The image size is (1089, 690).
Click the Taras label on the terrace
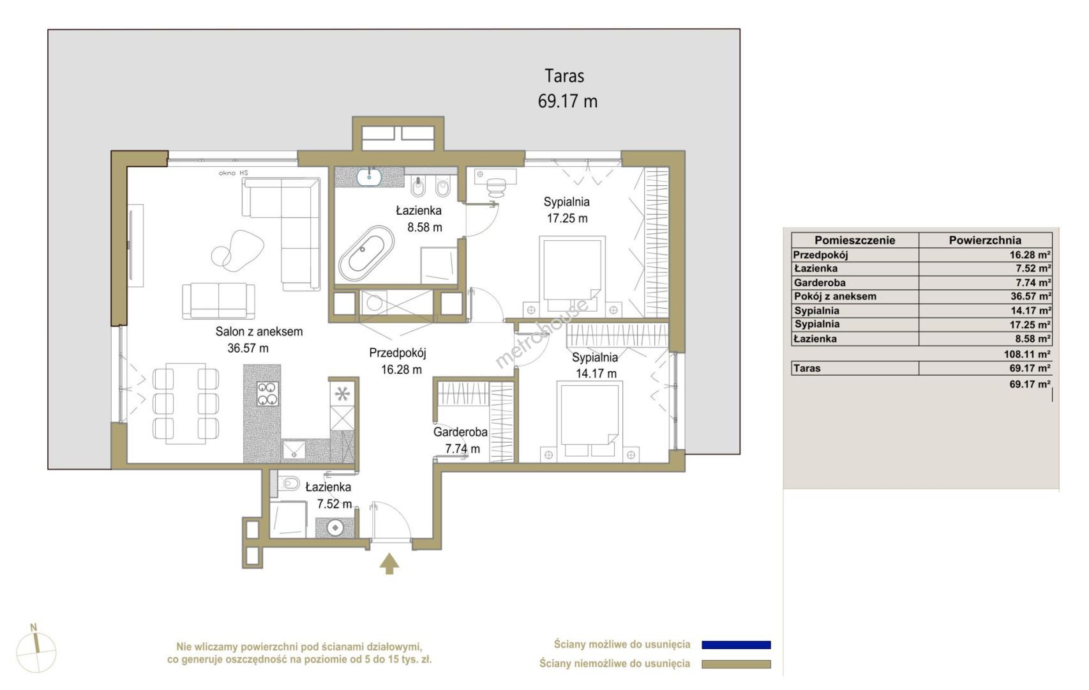[564, 76]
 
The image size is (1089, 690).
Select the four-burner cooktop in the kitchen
[267, 393]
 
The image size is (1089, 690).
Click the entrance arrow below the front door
[389, 563]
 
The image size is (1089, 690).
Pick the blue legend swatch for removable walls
[736, 645]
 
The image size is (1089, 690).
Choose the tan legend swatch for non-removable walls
[736, 664]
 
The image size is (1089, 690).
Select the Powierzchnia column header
[985, 240]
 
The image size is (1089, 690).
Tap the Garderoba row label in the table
[819, 282]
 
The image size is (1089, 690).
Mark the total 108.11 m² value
[1027, 354]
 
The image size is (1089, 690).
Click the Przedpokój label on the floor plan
[397, 353]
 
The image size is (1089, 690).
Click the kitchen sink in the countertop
[294, 450]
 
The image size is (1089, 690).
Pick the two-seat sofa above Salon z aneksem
[218, 301]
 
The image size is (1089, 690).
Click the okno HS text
[233, 172]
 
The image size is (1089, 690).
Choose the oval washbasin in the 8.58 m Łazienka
[369, 176]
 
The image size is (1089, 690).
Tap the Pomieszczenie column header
[855, 240]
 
